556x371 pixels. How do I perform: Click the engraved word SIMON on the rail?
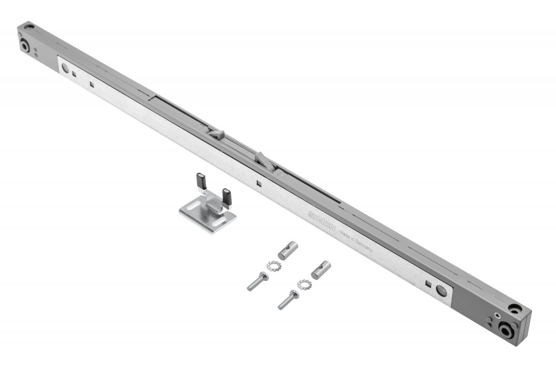point(322,221)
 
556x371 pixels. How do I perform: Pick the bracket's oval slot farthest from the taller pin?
point(219,221)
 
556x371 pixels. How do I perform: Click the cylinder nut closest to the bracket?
point(288,250)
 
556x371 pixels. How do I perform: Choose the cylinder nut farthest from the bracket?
point(321,270)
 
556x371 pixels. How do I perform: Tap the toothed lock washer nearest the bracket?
point(274,266)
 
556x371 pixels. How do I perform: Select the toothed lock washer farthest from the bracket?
point(304,285)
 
